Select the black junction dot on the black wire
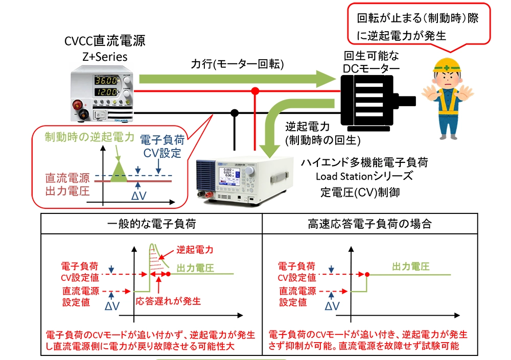tap(235, 112)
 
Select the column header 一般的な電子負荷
tap(151, 223)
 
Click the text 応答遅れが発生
tap(169, 300)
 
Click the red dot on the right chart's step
tap(367, 275)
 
